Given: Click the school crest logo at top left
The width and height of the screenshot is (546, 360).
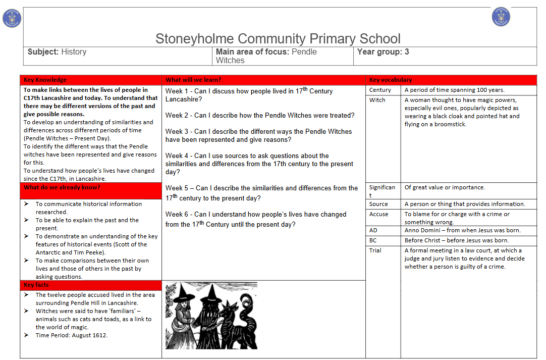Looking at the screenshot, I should point(12,18).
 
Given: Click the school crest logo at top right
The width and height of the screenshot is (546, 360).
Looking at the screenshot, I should point(501,17).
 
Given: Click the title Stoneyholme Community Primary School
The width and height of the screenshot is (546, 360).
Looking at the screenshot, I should point(278,39).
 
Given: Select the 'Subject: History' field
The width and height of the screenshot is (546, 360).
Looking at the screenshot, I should point(57,52).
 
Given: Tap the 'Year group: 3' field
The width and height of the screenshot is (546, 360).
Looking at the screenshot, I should point(383,52).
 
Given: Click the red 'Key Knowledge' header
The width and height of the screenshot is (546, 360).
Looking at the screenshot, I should point(45,80).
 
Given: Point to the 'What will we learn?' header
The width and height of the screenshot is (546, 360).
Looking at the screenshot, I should point(193,80).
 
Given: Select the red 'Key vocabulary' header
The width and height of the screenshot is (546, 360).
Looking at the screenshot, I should point(391,80).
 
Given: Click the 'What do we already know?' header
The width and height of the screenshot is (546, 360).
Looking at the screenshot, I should point(62,188).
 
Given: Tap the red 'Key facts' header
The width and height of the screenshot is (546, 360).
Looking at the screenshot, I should point(36,285).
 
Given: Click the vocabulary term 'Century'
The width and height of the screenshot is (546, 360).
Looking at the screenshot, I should point(380,90).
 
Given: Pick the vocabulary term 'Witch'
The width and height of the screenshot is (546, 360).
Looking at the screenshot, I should point(377,100).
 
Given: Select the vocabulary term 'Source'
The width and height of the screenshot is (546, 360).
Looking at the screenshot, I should point(378,204).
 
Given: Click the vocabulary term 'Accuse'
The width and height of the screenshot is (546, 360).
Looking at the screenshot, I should point(378,214).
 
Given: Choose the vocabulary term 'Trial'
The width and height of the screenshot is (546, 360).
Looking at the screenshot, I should point(375,250).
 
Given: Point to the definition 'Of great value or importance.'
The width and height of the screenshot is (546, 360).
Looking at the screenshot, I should point(445,187).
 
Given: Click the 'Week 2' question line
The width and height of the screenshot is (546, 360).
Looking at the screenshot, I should point(260,115).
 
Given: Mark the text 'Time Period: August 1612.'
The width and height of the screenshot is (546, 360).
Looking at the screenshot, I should point(72,335).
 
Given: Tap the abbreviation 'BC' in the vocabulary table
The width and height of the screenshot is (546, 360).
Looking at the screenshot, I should point(373,240).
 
